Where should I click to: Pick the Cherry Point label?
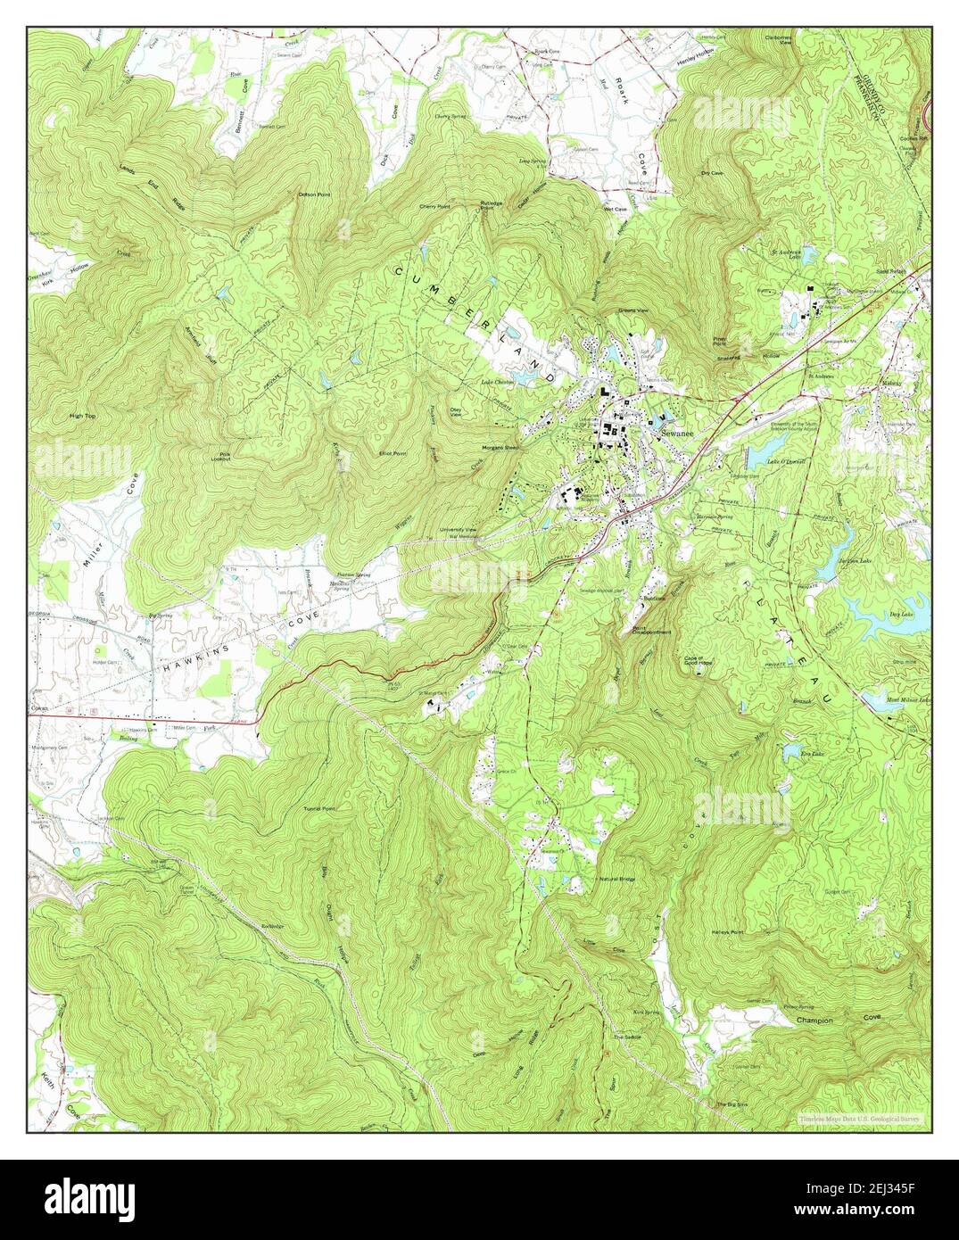pos(435,207)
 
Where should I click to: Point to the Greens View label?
pos(632,311)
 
